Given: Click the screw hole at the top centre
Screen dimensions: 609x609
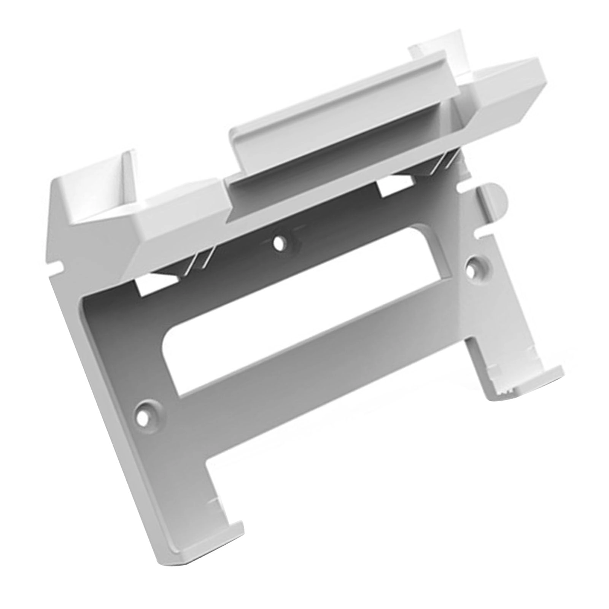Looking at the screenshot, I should pyautogui.click(x=280, y=243).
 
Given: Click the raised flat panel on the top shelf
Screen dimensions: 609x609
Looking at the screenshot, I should pyautogui.click(x=342, y=114).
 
